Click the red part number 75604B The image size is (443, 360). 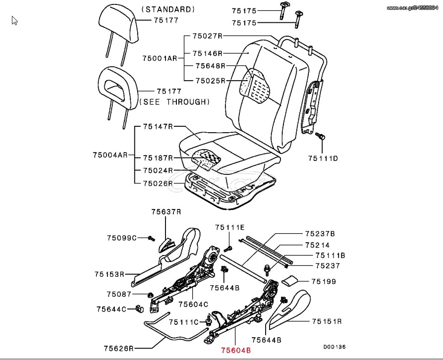tap(236, 351)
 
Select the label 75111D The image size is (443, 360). tap(323, 158)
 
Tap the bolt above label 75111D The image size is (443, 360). tap(320, 136)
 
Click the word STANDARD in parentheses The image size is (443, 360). tap(168, 9)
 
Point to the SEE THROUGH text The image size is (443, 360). tap(174, 102)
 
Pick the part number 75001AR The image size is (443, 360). tap(160, 58)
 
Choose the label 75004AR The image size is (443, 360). tap(110, 155)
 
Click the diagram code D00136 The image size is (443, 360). tap(334, 347)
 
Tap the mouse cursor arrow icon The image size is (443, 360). tap(14, 21)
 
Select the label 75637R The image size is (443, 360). tap(166, 212)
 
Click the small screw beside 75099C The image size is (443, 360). tap(152, 239)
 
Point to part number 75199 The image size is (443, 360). tap(324, 281)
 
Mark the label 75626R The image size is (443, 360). tap(118, 349)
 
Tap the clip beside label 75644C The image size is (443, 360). tap(140, 309)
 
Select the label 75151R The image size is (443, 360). tap(327, 321)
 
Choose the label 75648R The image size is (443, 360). tap(211, 66)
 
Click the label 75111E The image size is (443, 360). tap(230, 227)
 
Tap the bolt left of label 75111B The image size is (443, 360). tap(267, 269)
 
